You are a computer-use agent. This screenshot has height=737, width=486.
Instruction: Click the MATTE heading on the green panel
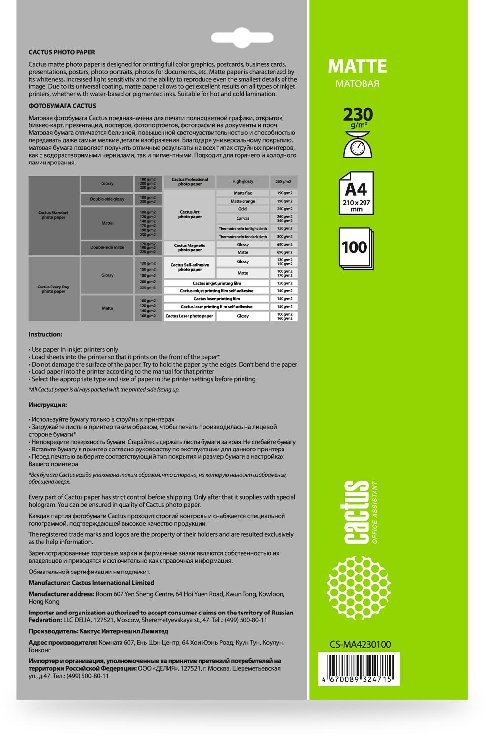[x=357, y=66]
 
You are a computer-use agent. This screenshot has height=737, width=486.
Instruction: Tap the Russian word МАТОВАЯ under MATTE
[x=357, y=83]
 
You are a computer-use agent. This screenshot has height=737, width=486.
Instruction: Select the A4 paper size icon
[x=356, y=193]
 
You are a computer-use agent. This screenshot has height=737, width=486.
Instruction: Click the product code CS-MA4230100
[x=360, y=644]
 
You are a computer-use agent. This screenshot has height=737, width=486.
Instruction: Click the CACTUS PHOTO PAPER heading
[x=62, y=52]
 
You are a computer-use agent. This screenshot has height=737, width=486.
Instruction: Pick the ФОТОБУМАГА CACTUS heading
[x=62, y=106]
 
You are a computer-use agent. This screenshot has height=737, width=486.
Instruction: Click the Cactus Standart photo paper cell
[x=53, y=215]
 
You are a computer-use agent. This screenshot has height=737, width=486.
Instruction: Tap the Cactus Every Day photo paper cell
[x=53, y=289]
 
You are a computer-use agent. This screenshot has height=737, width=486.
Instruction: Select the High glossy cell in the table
[x=243, y=182]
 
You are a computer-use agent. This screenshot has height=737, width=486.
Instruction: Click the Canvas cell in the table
[x=243, y=218]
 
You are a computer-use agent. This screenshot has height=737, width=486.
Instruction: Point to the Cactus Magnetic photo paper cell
[x=190, y=247]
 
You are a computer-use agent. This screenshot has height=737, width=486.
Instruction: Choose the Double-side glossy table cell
[x=107, y=199]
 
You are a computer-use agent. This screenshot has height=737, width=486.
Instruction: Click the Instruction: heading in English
[x=45, y=334]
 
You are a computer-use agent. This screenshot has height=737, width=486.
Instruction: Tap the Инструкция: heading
[x=47, y=405]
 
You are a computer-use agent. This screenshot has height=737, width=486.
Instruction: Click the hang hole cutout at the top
[x=242, y=38]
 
